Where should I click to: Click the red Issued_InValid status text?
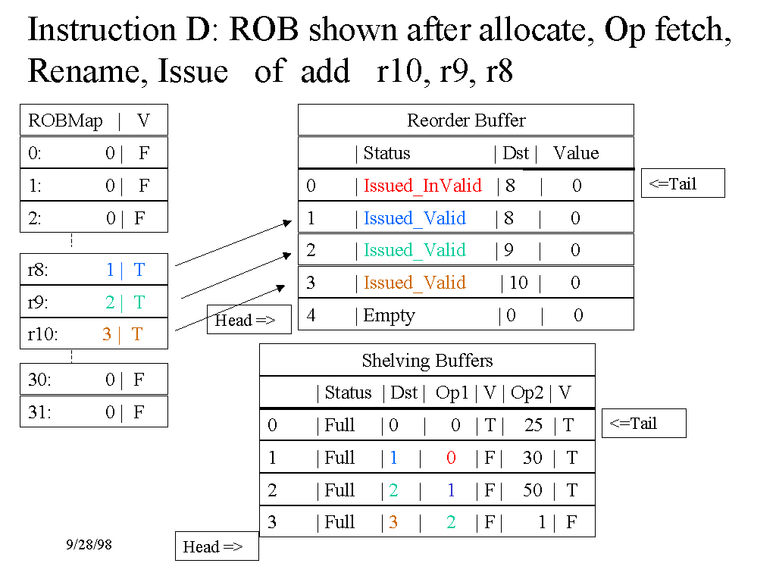pyautogui.click(x=422, y=186)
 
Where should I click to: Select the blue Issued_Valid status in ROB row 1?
pyautogui.click(x=415, y=218)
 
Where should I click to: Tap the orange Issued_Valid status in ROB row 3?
pyautogui.click(x=415, y=283)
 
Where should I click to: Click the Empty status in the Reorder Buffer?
pyautogui.click(x=389, y=315)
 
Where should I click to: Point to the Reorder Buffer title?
pyautogui.click(x=466, y=120)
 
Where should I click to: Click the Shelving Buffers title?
pyautogui.click(x=427, y=360)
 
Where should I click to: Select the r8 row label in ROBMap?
pyautogui.click(x=38, y=270)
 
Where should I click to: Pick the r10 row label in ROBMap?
pyautogui.click(x=42, y=334)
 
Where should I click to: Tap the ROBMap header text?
pyautogui.click(x=65, y=120)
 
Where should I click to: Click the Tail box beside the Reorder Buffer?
pyautogui.click(x=682, y=183)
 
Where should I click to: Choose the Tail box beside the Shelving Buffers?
pyautogui.click(x=643, y=423)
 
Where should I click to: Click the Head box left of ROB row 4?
pyautogui.click(x=248, y=320)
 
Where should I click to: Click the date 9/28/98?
pyautogui.click(x=89, y=544)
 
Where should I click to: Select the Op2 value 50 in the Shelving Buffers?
pyautogui.click(x=533, y=490)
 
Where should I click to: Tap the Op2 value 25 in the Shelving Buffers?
pyautogui.click(x=533, y=425)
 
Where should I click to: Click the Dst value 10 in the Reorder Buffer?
pyautogui.click(x=518, y=283)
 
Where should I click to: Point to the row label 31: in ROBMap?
pyautogui.click(x=39, y=412)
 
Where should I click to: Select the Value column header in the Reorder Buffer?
pyautogui.click(x=576, y=153)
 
